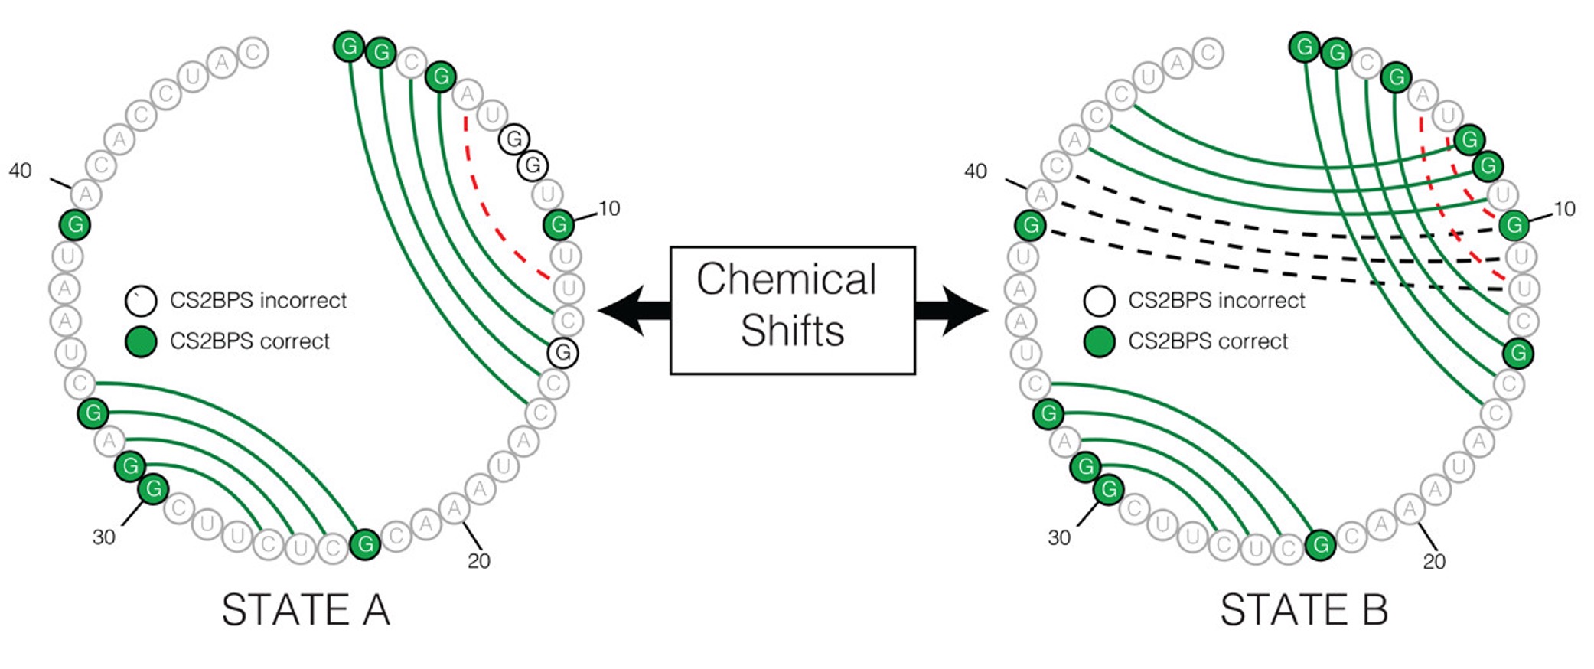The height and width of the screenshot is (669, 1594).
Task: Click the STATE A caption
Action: [x=306, y=610]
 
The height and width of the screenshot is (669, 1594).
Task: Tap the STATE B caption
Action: [x=1304, y=610]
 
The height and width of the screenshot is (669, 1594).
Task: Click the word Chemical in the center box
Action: [x=787, y=279]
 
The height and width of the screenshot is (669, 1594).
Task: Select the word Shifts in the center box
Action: [x=793, y=331]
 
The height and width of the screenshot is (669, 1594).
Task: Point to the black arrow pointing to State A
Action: [x=634, y=310]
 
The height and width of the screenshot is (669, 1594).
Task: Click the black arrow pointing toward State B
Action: [x=951, y=310]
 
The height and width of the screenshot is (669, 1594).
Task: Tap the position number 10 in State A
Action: [x=609, y=208]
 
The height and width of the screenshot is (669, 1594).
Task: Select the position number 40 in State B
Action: [x=975, y=171]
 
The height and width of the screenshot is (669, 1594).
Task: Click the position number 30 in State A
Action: [x=104, y=537]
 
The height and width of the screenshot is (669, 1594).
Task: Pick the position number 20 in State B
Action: [x=1434, y=562]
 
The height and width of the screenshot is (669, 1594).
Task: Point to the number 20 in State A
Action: [x=479, y=561]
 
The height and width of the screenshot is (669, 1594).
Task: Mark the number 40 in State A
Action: [x=20, y=171]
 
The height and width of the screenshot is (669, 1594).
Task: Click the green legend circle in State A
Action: [x=141, y=341]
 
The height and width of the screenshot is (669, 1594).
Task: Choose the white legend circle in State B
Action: [x=1099, y=301]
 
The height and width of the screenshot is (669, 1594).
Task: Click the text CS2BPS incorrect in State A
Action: [x=258, y=300]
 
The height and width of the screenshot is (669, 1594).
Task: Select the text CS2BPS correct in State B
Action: [x=1208, y=341]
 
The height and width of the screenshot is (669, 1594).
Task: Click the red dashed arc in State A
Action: [x=490, y=215]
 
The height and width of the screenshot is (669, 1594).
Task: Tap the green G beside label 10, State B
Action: [x=1514, y=225]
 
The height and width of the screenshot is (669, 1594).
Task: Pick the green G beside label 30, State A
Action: [x=154, y=488]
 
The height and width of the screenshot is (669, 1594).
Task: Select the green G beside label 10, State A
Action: [x=559, y=225]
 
